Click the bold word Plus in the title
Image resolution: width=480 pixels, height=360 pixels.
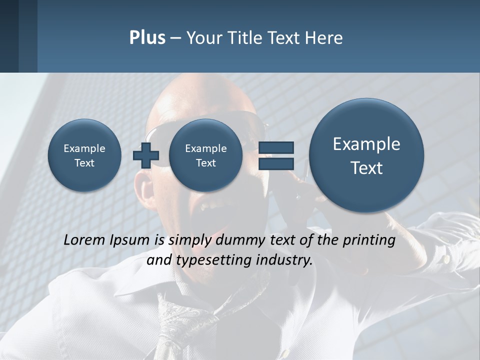(147, 38)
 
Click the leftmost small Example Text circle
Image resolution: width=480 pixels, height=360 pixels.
(84, 155)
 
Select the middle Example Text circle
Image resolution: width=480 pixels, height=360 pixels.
(205, 155)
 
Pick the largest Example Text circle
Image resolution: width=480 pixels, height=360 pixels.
(366, 155)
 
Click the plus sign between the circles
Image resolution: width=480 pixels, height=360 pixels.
(145, 155)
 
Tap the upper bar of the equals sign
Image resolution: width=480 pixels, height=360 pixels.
(275, 147)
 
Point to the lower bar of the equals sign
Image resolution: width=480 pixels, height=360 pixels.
(275, 164)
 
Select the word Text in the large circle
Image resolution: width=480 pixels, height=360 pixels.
(366, 168)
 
